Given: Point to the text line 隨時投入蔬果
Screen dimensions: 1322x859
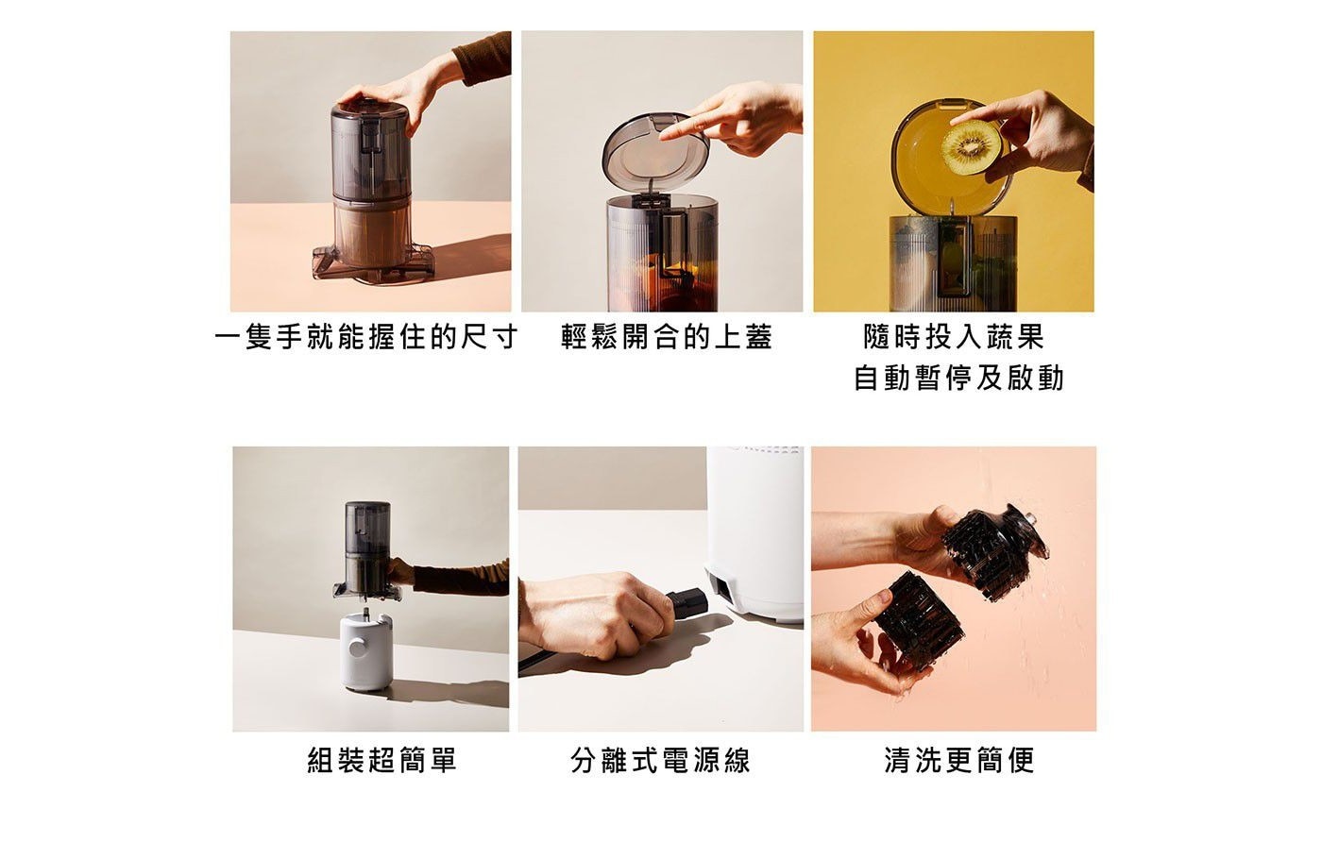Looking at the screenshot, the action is (954, 337).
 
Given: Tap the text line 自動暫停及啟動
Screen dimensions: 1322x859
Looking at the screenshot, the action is (959, 379).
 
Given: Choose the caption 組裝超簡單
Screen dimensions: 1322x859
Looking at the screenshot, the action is (382, 759).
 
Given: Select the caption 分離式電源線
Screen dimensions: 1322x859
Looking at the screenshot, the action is (660, 759).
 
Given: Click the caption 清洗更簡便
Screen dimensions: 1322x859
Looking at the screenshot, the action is (959, 759).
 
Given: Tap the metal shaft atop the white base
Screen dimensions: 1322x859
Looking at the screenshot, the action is (366, 612).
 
